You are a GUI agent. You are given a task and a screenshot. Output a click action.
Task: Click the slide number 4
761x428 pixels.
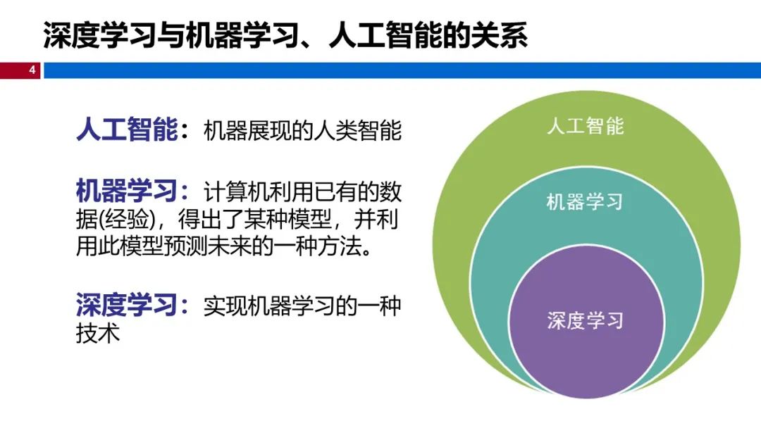32,70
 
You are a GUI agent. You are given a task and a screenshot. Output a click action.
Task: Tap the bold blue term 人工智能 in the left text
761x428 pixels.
126,131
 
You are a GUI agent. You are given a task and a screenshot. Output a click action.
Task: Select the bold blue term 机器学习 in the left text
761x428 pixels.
126,191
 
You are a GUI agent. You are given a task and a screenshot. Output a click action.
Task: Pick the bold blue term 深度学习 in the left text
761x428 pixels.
126,306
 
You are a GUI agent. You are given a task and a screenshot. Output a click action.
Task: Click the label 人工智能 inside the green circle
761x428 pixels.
586,127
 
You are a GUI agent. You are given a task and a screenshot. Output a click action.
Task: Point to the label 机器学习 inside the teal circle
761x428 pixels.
585,202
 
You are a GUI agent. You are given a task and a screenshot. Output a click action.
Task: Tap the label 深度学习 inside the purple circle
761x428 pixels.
585,320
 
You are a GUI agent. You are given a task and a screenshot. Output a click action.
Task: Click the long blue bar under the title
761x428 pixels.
402,70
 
